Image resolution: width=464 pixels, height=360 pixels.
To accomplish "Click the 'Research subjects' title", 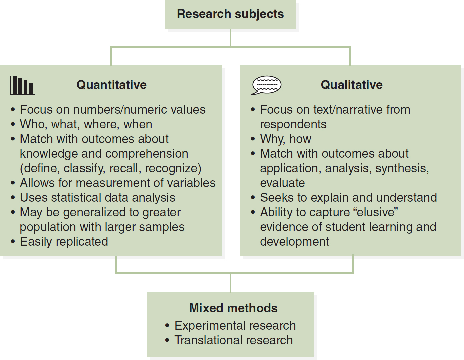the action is [230, 14].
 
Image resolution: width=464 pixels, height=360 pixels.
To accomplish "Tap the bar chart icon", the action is [23, 85].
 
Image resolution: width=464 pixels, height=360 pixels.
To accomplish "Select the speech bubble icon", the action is [266, 85].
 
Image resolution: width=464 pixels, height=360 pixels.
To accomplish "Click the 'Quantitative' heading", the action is [111, 85].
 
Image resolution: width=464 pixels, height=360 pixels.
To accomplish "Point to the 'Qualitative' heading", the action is [352, 85].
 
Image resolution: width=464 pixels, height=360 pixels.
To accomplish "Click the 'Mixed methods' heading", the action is [233, 308].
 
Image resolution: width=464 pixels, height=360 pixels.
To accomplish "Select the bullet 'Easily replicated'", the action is [64, 242].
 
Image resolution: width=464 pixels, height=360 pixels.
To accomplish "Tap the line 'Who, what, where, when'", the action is [86, 124].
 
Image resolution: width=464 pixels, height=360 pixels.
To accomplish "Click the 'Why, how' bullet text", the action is [286, 139].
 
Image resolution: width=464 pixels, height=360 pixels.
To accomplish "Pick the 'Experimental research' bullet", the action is [235, 326].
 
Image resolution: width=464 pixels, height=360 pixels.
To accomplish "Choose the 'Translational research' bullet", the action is [234, 340].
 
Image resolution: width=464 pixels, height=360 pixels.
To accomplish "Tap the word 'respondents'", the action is [293, 125].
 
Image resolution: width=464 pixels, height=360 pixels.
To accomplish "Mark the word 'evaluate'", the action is [282, 183].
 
